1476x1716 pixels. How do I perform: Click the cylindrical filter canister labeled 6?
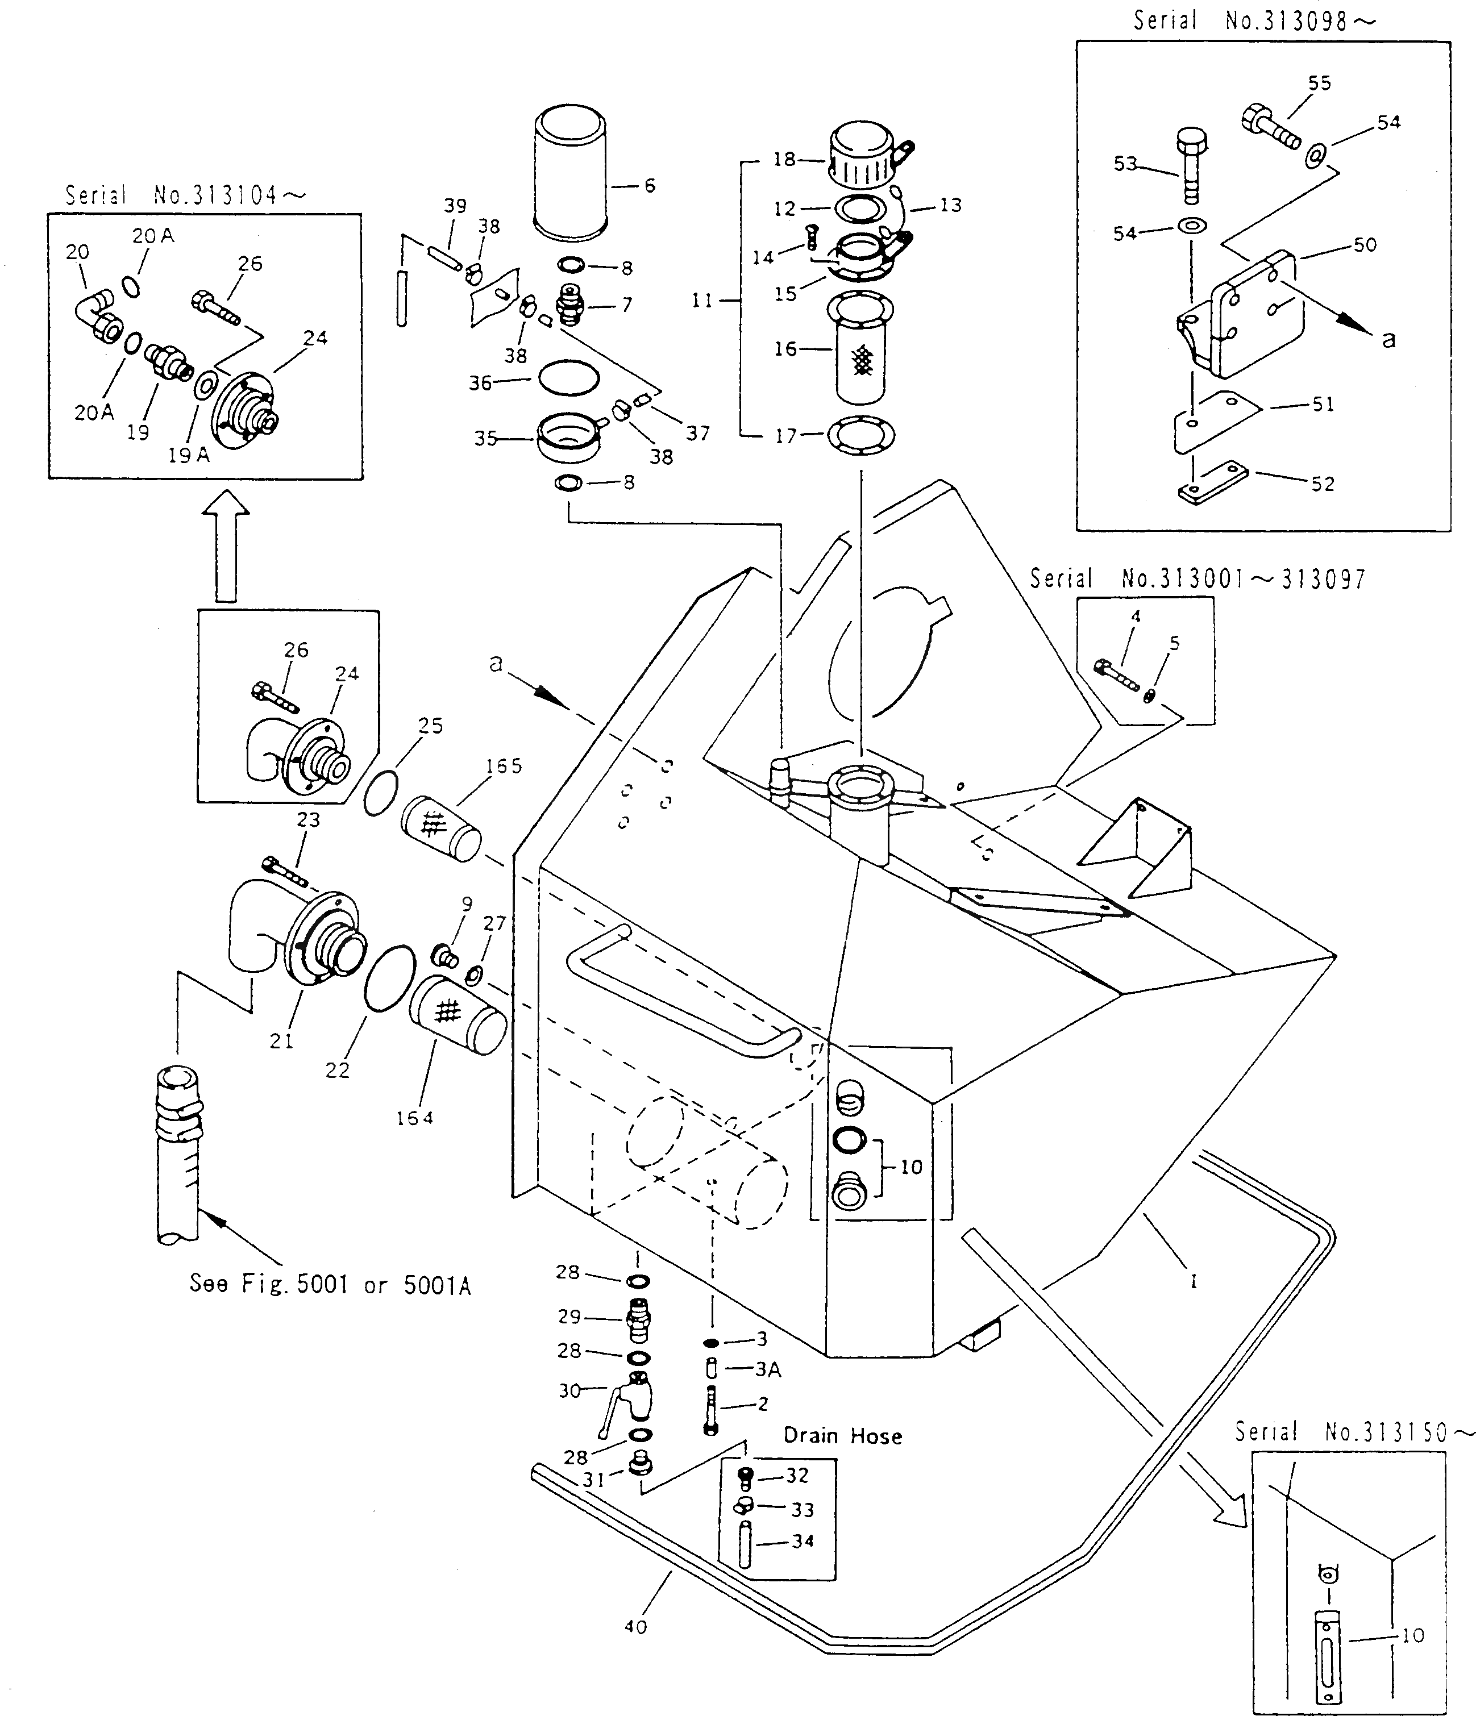click(x=572, y=170)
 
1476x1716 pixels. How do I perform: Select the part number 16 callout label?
click(x=785, y=349)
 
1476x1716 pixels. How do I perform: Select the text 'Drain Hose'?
click(x=842, y=1435)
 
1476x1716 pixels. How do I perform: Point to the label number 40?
click(x=635, y=1627)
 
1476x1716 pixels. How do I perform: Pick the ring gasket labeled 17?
click(x=862, y=435)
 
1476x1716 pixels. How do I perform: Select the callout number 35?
click(x=485, y=438)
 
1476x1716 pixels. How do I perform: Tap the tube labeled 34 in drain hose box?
click(x=745, y=1544)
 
